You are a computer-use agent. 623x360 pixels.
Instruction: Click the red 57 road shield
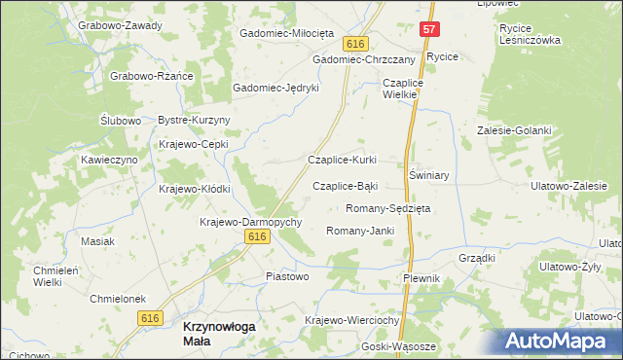pos(429,29)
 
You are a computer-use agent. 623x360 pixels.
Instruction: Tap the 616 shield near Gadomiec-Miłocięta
pos(355,45)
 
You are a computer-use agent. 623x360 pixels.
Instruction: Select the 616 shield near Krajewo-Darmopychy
pos(257,237)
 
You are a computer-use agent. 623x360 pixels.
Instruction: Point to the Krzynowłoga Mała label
pos(220,328)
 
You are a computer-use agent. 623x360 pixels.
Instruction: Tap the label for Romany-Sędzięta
pos(388,208)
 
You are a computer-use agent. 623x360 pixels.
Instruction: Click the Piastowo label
pos(287,276)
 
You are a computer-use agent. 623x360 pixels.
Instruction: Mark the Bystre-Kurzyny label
pos(193,120)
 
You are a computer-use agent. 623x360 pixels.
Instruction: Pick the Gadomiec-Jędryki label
pos(275,88)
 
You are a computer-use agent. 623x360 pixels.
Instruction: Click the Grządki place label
pos(477,259)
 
